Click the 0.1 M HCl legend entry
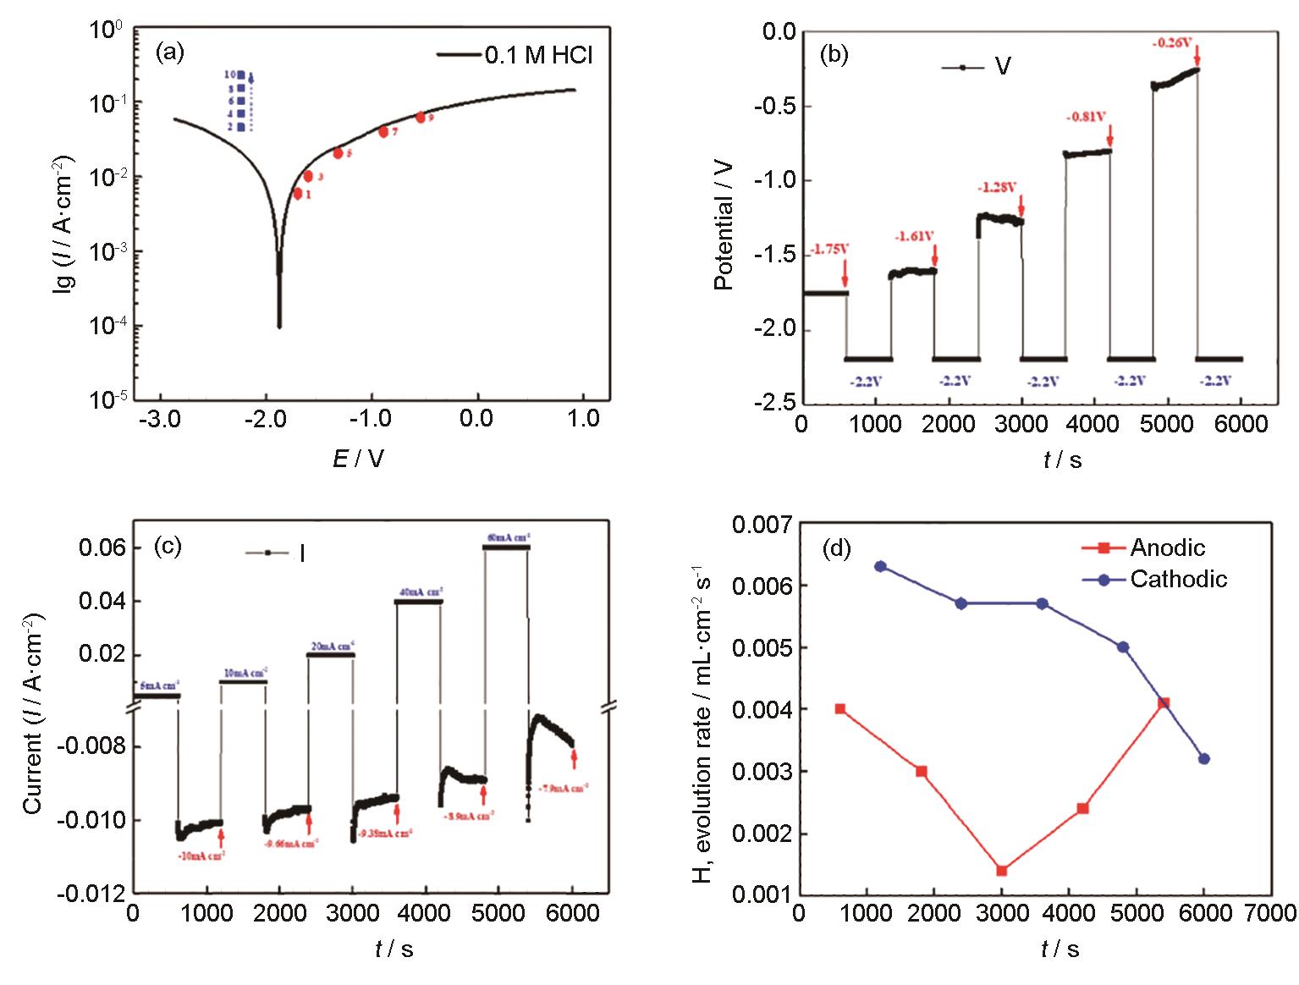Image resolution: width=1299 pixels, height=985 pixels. (x=515, y=55)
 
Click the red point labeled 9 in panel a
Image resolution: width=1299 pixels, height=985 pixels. (x=421, y=118)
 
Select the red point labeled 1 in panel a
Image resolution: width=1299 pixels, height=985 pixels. (x=298, y=194)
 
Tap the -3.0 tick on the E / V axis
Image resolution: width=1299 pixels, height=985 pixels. (x=161, y=418)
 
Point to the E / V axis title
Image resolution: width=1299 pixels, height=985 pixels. (x=358, y=458)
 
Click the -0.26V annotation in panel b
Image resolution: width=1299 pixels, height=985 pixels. (x=1172, y=41)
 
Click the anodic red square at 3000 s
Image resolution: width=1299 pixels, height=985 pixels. (x=1002, y=871)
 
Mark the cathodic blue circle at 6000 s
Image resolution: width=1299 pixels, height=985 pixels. (x=1204, y=758)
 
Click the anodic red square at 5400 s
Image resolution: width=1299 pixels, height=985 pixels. (x=1164, y=703)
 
